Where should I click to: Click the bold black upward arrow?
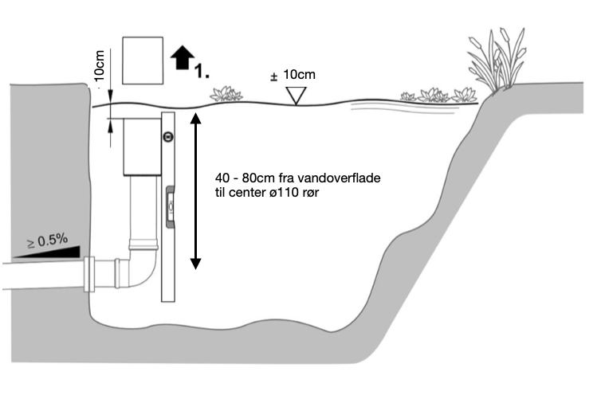coord(183,57)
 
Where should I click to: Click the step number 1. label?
coord(202,72)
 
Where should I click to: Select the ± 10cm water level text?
coord(293,75)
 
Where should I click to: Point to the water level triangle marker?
coord(297,96)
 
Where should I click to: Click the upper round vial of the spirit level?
coord(167,137)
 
